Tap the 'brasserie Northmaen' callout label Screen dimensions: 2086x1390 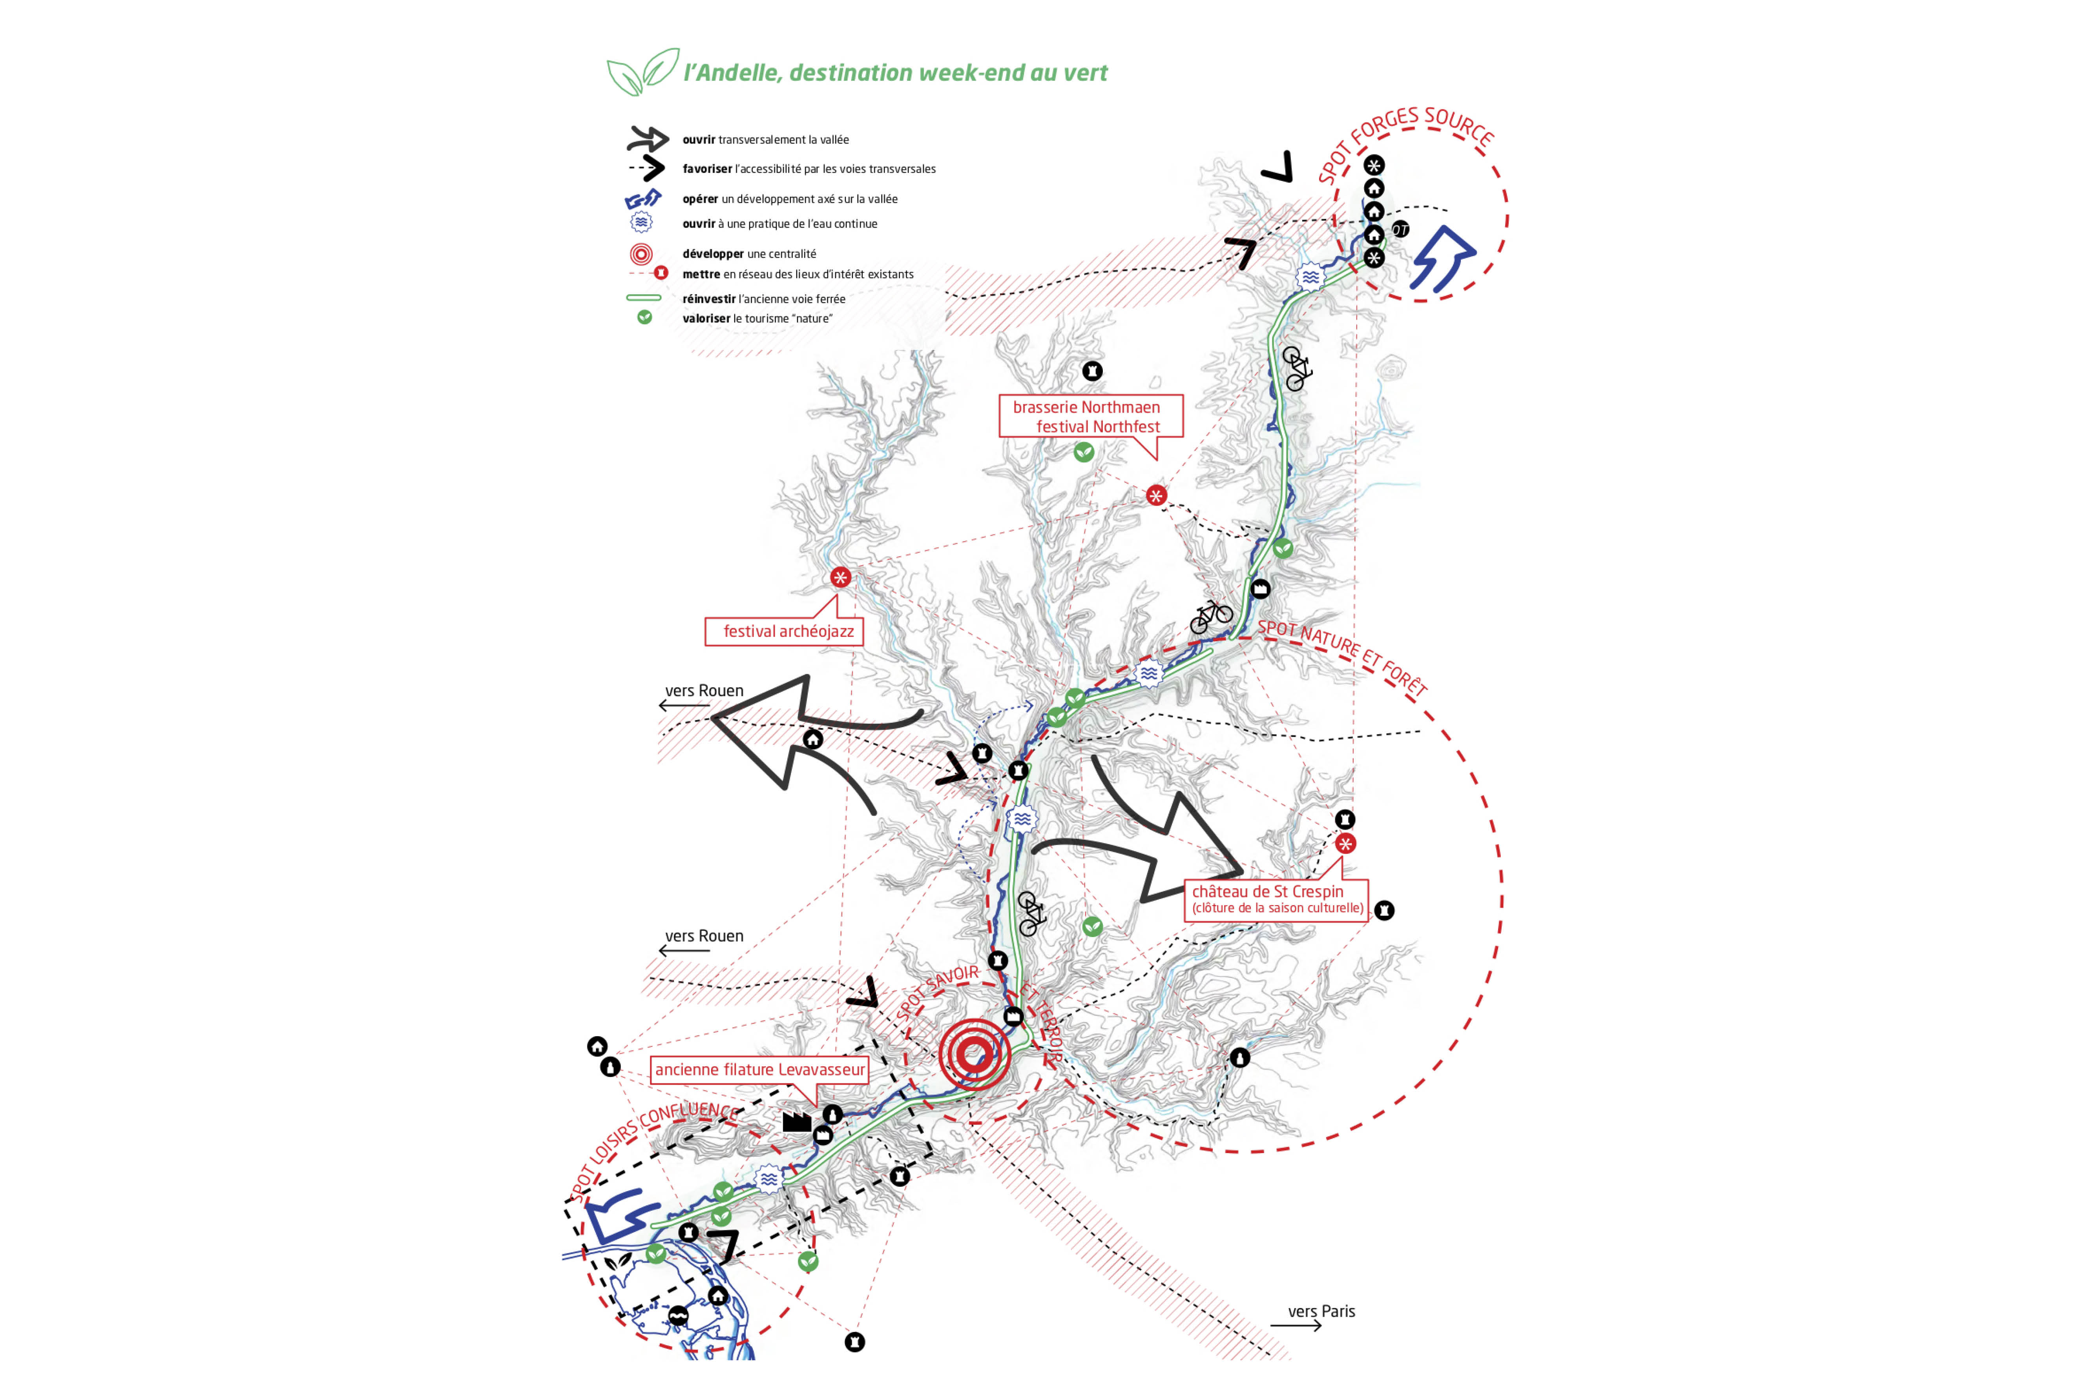click(x=1086, y=407)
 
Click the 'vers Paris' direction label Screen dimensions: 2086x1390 click(x=1321, y=1311)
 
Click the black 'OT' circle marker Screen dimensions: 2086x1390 click(x=1400, y=229)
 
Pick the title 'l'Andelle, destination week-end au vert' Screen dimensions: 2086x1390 click(x=895, y=73)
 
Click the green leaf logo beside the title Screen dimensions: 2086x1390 click(x=642, y=71)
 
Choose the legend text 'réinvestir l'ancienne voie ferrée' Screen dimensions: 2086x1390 click(x=764, y=299)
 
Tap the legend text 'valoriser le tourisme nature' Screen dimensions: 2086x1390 click(x=757, y=318)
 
